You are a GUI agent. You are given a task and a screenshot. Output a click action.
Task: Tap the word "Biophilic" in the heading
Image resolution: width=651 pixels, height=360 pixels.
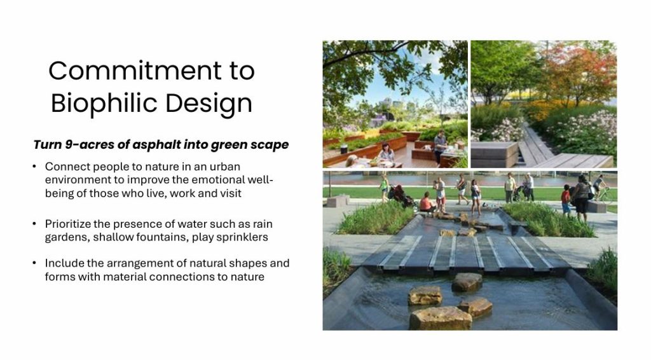pyautogui.click(x=105, y=103)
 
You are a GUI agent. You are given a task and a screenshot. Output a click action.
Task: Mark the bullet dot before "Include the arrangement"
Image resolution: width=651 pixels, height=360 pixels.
pyautogui.click(x=34, y=263)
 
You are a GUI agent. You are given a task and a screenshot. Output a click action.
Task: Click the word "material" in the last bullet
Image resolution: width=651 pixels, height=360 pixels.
pyautogui.click(x=123, y=277)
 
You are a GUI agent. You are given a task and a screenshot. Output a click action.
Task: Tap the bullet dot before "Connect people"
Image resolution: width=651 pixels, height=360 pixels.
pyautogui.click(x=34, y=167)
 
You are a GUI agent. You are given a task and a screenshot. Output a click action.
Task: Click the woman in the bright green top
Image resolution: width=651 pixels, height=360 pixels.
pyautogui.click(x=384, y=188)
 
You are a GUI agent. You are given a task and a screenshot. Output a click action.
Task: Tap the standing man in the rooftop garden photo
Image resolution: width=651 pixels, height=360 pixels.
pyautogui.click(x=440, y=146)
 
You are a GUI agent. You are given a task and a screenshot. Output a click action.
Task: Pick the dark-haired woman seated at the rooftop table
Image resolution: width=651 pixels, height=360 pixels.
pyautogui.click(x=386, y=153)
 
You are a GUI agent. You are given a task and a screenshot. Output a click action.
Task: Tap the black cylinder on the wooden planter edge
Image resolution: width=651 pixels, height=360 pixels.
pyautogui.click(x=344, y=149)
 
